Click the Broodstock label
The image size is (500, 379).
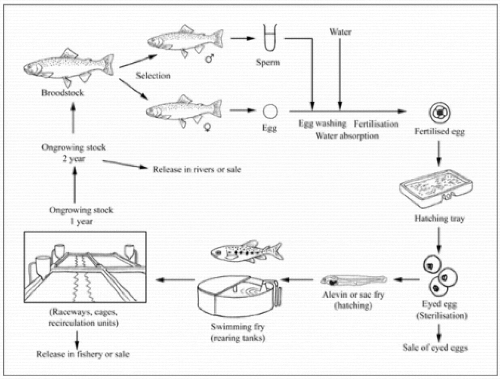62,93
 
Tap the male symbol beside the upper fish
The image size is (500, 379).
210,59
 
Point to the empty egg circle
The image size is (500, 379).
270,111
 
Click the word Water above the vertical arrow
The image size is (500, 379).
340,32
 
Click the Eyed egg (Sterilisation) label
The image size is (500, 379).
442,310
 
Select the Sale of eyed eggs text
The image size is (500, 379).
435,348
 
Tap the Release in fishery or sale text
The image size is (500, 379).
83,354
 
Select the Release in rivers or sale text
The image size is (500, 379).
197,169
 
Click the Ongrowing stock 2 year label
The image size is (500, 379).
73,153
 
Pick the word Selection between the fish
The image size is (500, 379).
153,75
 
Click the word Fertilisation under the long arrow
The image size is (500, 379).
376,124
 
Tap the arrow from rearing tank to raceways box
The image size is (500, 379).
175,280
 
